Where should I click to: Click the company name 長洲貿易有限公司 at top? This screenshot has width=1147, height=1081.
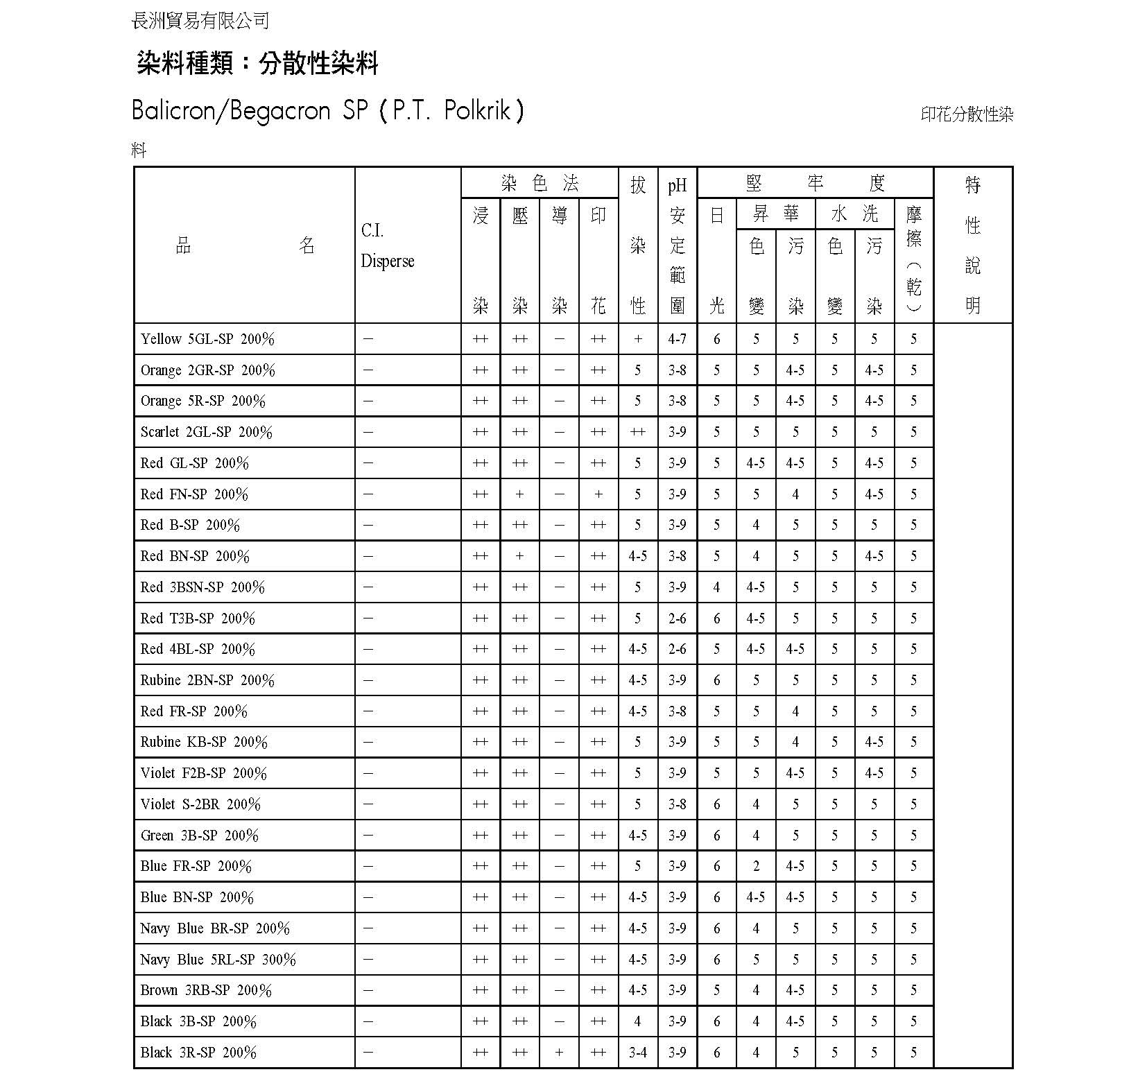pos(200,21)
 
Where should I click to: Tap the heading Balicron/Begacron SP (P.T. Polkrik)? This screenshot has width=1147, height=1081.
pos(327,111)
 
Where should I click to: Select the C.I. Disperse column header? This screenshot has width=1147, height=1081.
pos(387,245)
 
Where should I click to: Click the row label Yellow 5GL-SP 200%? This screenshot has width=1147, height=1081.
pos(207,339)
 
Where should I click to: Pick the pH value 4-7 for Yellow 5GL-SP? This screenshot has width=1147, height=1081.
pos(677,339)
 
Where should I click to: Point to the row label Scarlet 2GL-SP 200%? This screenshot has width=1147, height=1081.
pos(206,432)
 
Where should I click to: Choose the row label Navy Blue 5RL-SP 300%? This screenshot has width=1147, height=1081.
pos(218,960)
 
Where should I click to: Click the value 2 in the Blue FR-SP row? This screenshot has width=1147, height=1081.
pos(756,866)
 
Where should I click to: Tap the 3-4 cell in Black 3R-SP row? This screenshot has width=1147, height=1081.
pos(637,1053)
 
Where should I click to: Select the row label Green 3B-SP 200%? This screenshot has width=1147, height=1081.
pos(199,836)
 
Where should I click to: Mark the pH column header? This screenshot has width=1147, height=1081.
pos(677,186)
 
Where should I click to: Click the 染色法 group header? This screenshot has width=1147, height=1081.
pos(540,183)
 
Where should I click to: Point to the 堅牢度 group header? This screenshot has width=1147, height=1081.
pos(815,183)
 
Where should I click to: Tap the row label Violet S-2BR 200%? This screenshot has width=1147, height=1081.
pos(200,804)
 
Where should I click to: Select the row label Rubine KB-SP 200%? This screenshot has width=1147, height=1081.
pos(204,742)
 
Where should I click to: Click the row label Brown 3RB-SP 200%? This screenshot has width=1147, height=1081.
pos(206,990)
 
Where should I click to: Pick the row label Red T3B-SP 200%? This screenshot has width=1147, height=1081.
pos(198,618)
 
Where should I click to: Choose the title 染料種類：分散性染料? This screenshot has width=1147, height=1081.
pos(257,64)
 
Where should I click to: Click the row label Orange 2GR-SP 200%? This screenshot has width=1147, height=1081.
pos(207,370)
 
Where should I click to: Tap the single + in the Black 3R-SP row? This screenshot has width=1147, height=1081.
pos(559,1053)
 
